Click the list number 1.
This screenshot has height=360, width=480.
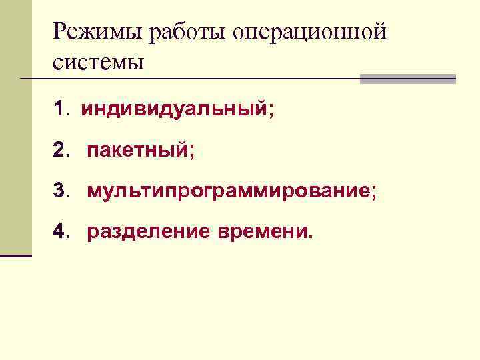61,109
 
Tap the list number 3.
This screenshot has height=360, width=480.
61,191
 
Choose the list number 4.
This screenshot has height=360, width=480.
61,233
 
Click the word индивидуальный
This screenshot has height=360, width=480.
174,109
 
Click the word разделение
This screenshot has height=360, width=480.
149,233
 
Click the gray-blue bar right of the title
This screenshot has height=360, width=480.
407,79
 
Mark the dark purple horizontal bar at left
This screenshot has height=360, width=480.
16,255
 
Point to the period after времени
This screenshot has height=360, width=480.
308,237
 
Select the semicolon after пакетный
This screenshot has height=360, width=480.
192,153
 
